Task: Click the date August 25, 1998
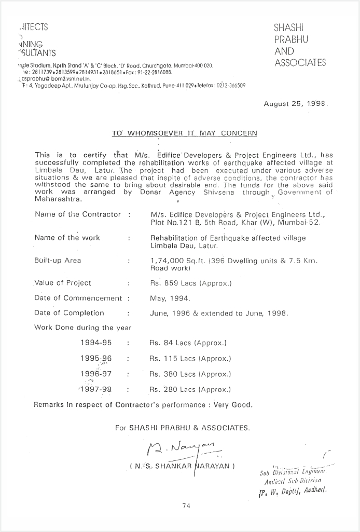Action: coord(296,103)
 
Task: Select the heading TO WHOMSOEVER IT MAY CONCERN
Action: coord(184,133)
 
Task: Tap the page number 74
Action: coord(186,507)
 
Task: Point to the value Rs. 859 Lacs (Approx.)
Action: coord(190,283)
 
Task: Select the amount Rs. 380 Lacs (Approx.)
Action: coord(190,374)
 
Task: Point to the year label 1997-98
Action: coord(96,389)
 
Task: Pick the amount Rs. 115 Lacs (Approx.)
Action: coord(190,358)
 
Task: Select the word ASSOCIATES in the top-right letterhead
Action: coord(300,63)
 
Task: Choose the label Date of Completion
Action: coord(69,313)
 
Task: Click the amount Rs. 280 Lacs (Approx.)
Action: coord(190,389)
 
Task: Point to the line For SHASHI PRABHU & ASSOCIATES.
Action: coord(183,428)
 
